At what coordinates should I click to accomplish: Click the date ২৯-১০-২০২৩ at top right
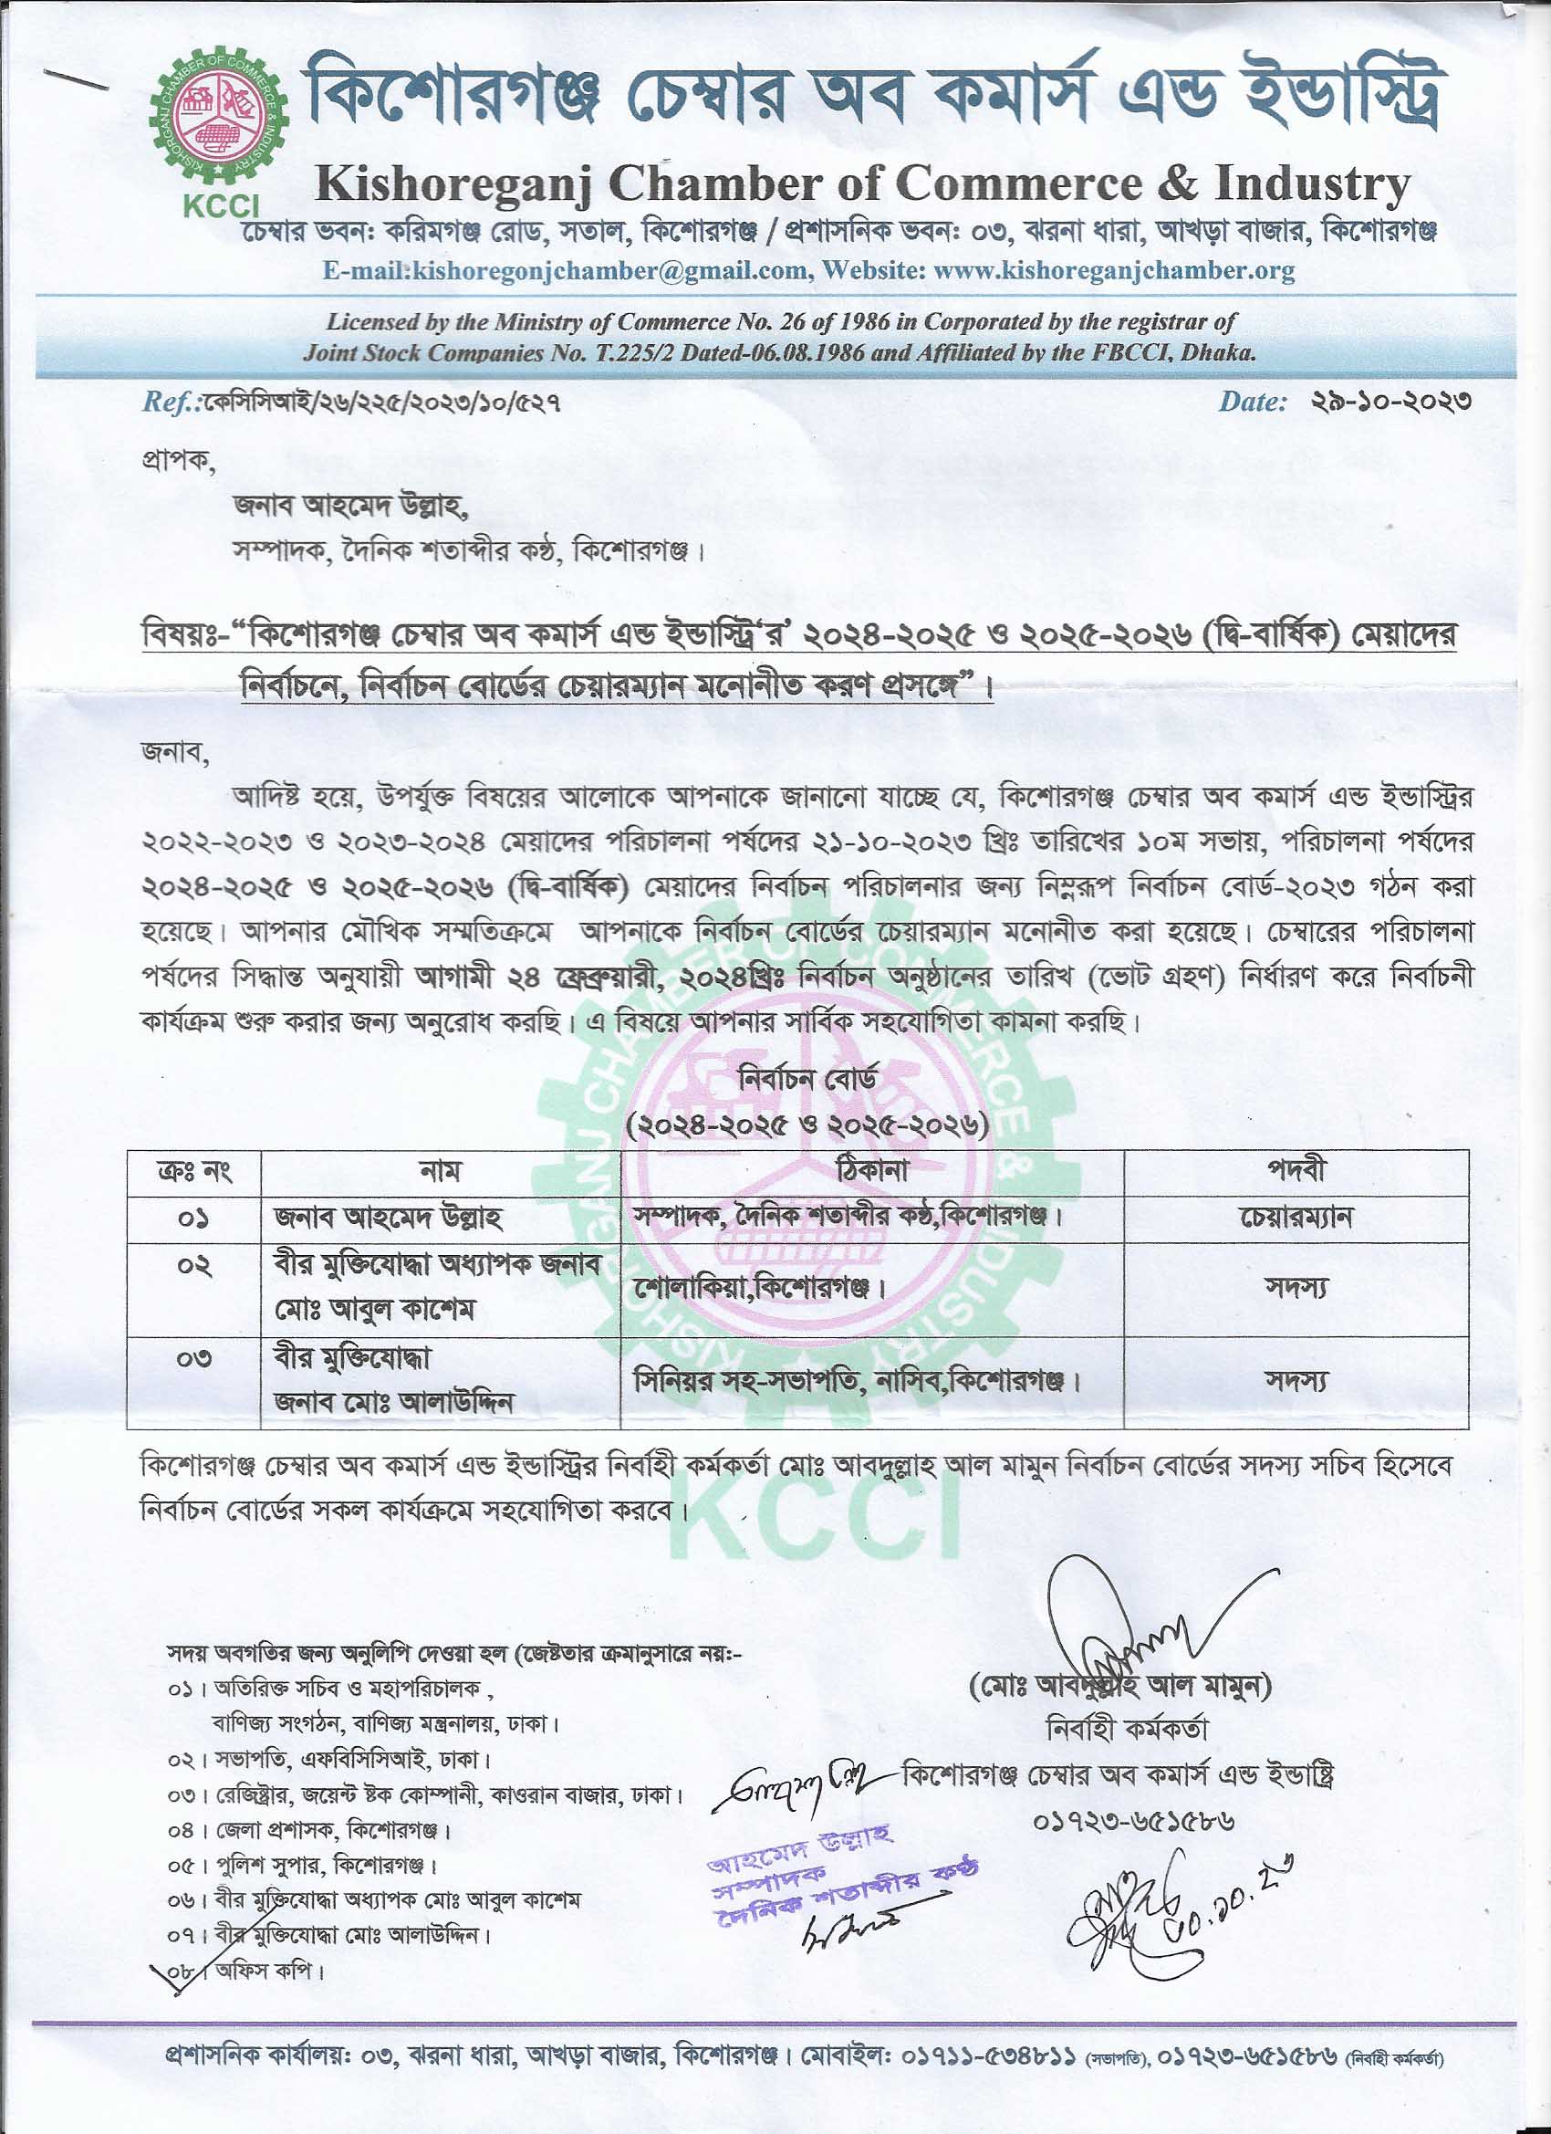(x=1390, y=403)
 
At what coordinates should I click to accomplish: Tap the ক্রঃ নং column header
(x=193, y=1172)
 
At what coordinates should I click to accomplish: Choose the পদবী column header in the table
(x=1296, y=1172)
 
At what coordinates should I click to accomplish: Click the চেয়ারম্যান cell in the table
(x=1296, y=1218)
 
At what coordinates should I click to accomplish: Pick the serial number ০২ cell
(x=193, y=1266)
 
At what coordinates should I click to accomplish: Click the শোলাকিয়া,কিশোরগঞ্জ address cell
(x=759, y=1288)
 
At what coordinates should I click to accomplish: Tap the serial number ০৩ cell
(x=193, y=1358)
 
